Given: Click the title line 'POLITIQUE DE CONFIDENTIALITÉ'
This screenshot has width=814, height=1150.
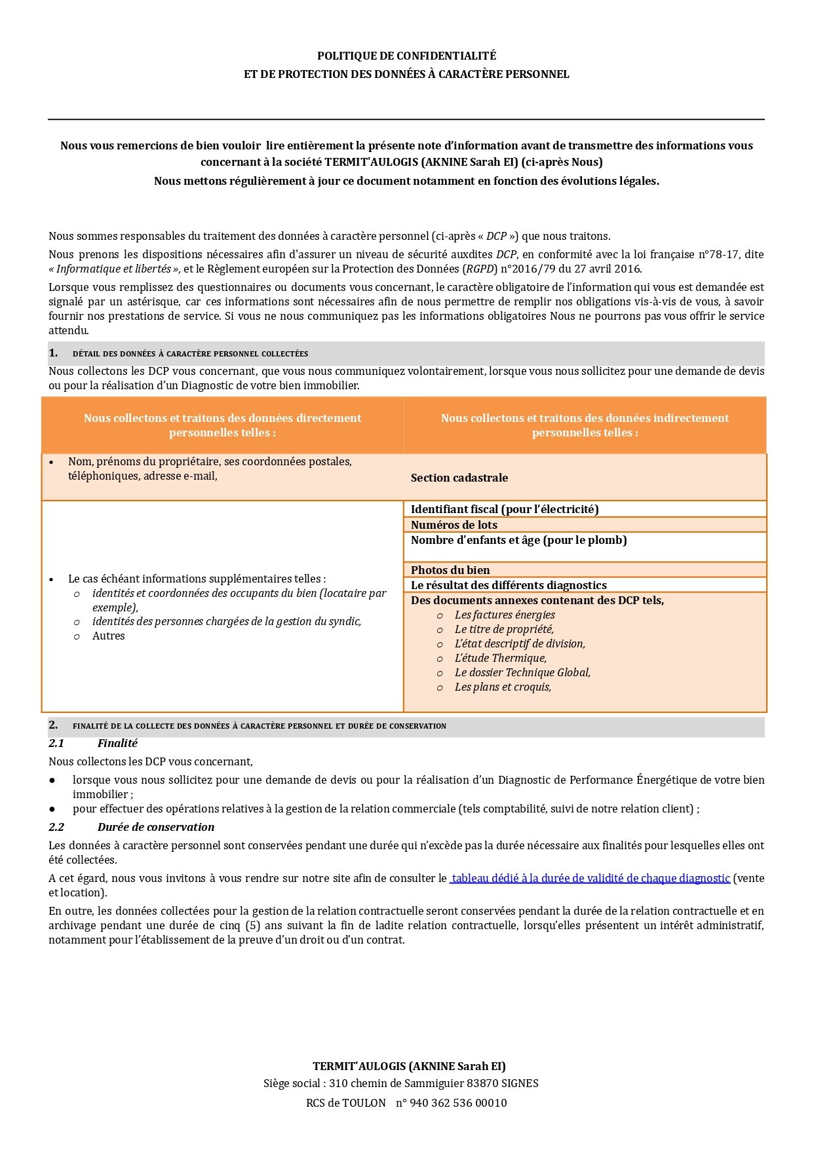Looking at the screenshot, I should tap(406, 56).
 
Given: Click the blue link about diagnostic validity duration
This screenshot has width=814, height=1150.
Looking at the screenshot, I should tap(590, 878).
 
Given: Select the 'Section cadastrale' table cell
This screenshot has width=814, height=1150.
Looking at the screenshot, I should tap(459, 478).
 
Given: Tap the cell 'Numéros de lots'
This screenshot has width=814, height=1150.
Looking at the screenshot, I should tap(454, 525).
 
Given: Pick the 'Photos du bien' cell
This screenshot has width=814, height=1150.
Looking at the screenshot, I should tap(450, 570).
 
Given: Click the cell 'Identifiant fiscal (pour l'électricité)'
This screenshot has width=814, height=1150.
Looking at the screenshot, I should tap(505, 509).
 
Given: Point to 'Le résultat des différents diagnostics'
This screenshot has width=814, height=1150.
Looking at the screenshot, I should tap(509, 585).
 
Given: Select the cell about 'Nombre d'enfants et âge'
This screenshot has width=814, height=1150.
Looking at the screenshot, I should tap(518, 540).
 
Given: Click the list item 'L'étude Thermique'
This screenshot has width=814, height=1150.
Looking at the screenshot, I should tap(500, 658).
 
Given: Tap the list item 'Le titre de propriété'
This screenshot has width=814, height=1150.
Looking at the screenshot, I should tap(504, 629).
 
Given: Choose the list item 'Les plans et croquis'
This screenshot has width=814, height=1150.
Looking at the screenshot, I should tap(503, 687).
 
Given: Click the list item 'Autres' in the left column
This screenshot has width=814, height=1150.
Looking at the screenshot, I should tap(108, 636).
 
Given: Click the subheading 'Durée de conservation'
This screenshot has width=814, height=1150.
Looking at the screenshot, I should tap(156, 827).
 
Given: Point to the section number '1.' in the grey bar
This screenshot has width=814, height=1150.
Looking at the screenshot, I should tap(53, 353).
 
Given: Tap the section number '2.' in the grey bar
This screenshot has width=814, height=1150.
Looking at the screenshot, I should tap(53, 725).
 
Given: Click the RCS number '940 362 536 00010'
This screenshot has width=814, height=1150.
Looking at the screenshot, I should tap(457, 1103).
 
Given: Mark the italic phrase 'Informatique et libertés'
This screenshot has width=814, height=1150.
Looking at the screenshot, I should tap(113, 269).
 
